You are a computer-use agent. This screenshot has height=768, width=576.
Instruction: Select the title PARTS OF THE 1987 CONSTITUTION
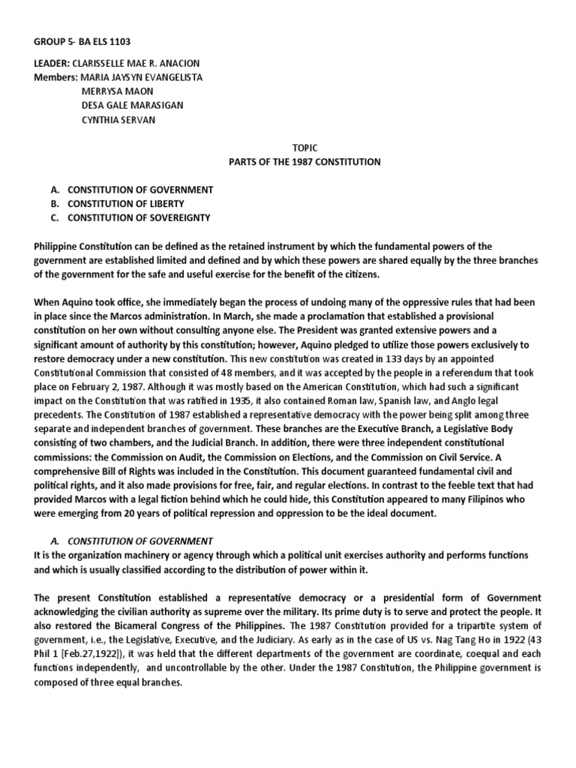tap(304, 162)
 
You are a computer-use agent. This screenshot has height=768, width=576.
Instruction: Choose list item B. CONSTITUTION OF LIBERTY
tap(118, 204)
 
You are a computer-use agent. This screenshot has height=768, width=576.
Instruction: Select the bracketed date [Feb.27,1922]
tap(87, 652)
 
